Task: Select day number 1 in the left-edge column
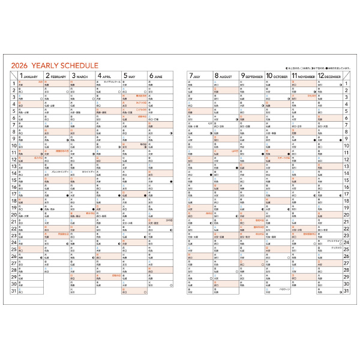(13, 84)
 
